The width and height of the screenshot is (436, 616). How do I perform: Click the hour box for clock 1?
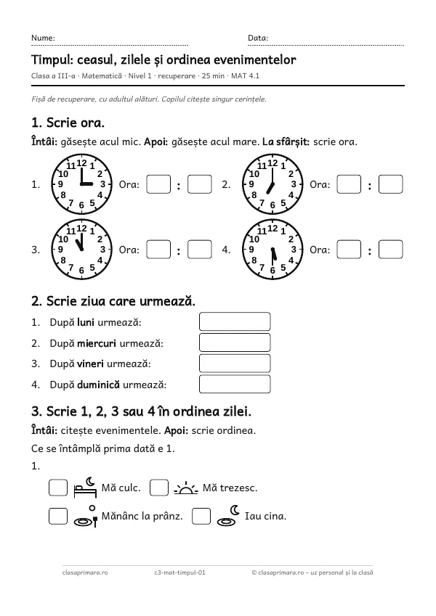158,184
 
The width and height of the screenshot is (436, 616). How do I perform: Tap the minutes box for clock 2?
390,184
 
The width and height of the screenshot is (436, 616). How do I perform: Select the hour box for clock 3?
158,250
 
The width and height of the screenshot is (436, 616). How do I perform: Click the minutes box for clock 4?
390,250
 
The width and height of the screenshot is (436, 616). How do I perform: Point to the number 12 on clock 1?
81,163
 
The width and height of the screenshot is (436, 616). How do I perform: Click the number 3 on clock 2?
294,184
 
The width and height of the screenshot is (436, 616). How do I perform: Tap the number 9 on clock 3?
60,250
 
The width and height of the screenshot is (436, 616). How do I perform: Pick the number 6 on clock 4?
272,271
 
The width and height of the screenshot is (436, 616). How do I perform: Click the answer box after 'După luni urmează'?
235,321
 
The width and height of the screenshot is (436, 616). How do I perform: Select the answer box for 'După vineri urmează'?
235,364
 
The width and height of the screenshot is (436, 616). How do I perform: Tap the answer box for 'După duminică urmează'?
235,385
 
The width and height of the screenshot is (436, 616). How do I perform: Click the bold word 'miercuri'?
97,343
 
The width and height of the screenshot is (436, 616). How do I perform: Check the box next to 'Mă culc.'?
58,488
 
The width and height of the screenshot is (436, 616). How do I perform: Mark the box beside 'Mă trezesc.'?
159,488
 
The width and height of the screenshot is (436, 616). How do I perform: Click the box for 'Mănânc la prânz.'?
58,516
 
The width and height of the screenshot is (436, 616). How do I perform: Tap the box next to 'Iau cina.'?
201,516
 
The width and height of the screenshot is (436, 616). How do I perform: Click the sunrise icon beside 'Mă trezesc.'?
186,488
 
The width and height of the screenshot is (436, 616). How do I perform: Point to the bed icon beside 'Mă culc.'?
85,488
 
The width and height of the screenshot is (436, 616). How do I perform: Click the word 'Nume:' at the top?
43,38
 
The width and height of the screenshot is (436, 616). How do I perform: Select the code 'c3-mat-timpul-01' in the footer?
179,572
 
